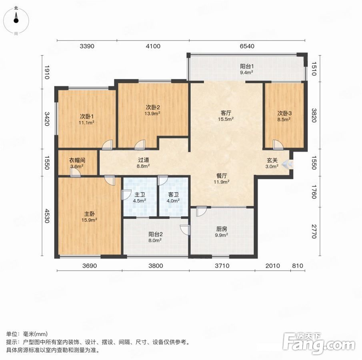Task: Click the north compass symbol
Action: click(16, 21)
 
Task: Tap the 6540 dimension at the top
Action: click(247, 46)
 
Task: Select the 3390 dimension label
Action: click(87, 46)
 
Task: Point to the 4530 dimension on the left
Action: click(47, 216)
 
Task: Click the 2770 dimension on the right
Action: click(314, 231)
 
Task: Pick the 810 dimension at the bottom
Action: click(298, 266)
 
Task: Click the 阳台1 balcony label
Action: click(247, 66)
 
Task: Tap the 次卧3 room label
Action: click(284, 113)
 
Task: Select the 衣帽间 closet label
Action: click(77, 160)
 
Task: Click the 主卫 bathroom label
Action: click(140, 195)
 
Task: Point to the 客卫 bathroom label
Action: click(173, 195)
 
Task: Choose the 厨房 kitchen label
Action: click(222, 229)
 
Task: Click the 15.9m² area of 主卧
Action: click(89, 220)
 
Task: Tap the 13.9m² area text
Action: click(152, 113)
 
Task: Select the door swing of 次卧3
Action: click(278, 144)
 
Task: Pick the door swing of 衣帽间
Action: click(76, 172)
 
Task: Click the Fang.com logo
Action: click(319, 343)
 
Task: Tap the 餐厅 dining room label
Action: click(222, 176)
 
